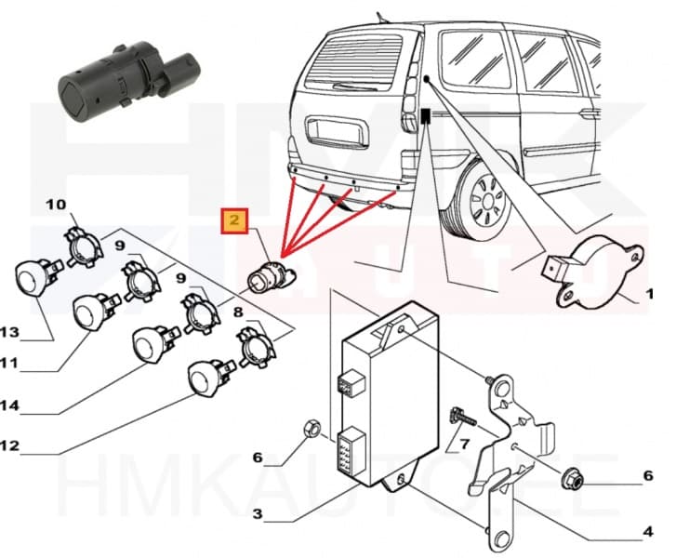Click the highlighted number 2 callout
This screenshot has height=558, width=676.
pos(233,221)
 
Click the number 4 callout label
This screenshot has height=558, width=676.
pos(649,533)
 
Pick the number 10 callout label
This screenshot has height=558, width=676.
pos(56,204)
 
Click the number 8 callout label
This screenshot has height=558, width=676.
pos(237,313)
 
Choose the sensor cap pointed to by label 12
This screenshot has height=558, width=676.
pos(205,378)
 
